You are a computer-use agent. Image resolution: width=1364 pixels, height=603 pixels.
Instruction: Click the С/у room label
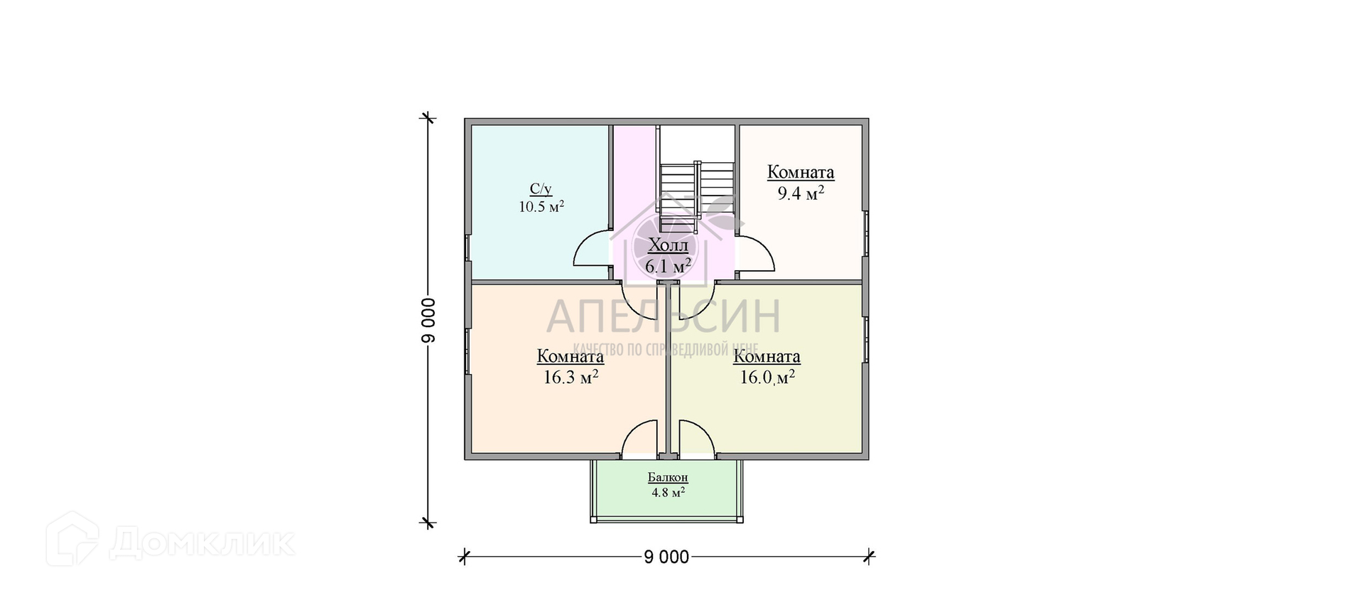click(x=540, y=189)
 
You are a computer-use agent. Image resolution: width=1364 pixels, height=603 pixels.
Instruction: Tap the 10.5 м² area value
click(x=541, y=207)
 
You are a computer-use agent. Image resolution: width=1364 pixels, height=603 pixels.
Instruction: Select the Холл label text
click(x=669, y=247)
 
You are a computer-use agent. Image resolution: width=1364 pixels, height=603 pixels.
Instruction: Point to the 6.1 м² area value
click(x=668, y=266)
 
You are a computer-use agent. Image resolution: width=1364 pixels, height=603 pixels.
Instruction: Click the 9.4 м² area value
click(x=801, y=193)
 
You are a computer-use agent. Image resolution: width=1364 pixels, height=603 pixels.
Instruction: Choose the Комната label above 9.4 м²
click(x=801, y=173)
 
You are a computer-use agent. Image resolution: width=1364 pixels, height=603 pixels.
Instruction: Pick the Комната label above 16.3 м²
click(x=570, y=356)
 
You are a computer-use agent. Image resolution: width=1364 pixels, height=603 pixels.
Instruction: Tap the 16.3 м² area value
click(x=570, y=377)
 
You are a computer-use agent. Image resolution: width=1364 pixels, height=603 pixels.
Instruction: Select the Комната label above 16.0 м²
click(x=767, y=356)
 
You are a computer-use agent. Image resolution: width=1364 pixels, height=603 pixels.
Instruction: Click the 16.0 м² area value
click(x=767, y=377)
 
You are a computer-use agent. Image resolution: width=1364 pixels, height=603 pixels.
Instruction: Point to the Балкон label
click(x=668, y=478)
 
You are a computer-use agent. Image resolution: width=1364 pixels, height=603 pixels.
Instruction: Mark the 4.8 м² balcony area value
click(x=668, y=492)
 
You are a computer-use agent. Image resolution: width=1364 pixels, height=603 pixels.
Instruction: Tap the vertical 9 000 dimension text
click(x=428, y=319)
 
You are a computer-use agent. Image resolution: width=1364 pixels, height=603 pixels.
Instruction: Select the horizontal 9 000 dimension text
click(x=666, y=557)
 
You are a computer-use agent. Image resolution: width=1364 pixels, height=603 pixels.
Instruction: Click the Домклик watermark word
click(x=202, y=544)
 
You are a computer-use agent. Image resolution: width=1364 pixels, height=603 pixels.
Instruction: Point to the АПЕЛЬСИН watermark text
click(x=664, y=316)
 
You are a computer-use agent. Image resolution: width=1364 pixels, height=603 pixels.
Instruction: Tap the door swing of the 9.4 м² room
click(x=756, y=255)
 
